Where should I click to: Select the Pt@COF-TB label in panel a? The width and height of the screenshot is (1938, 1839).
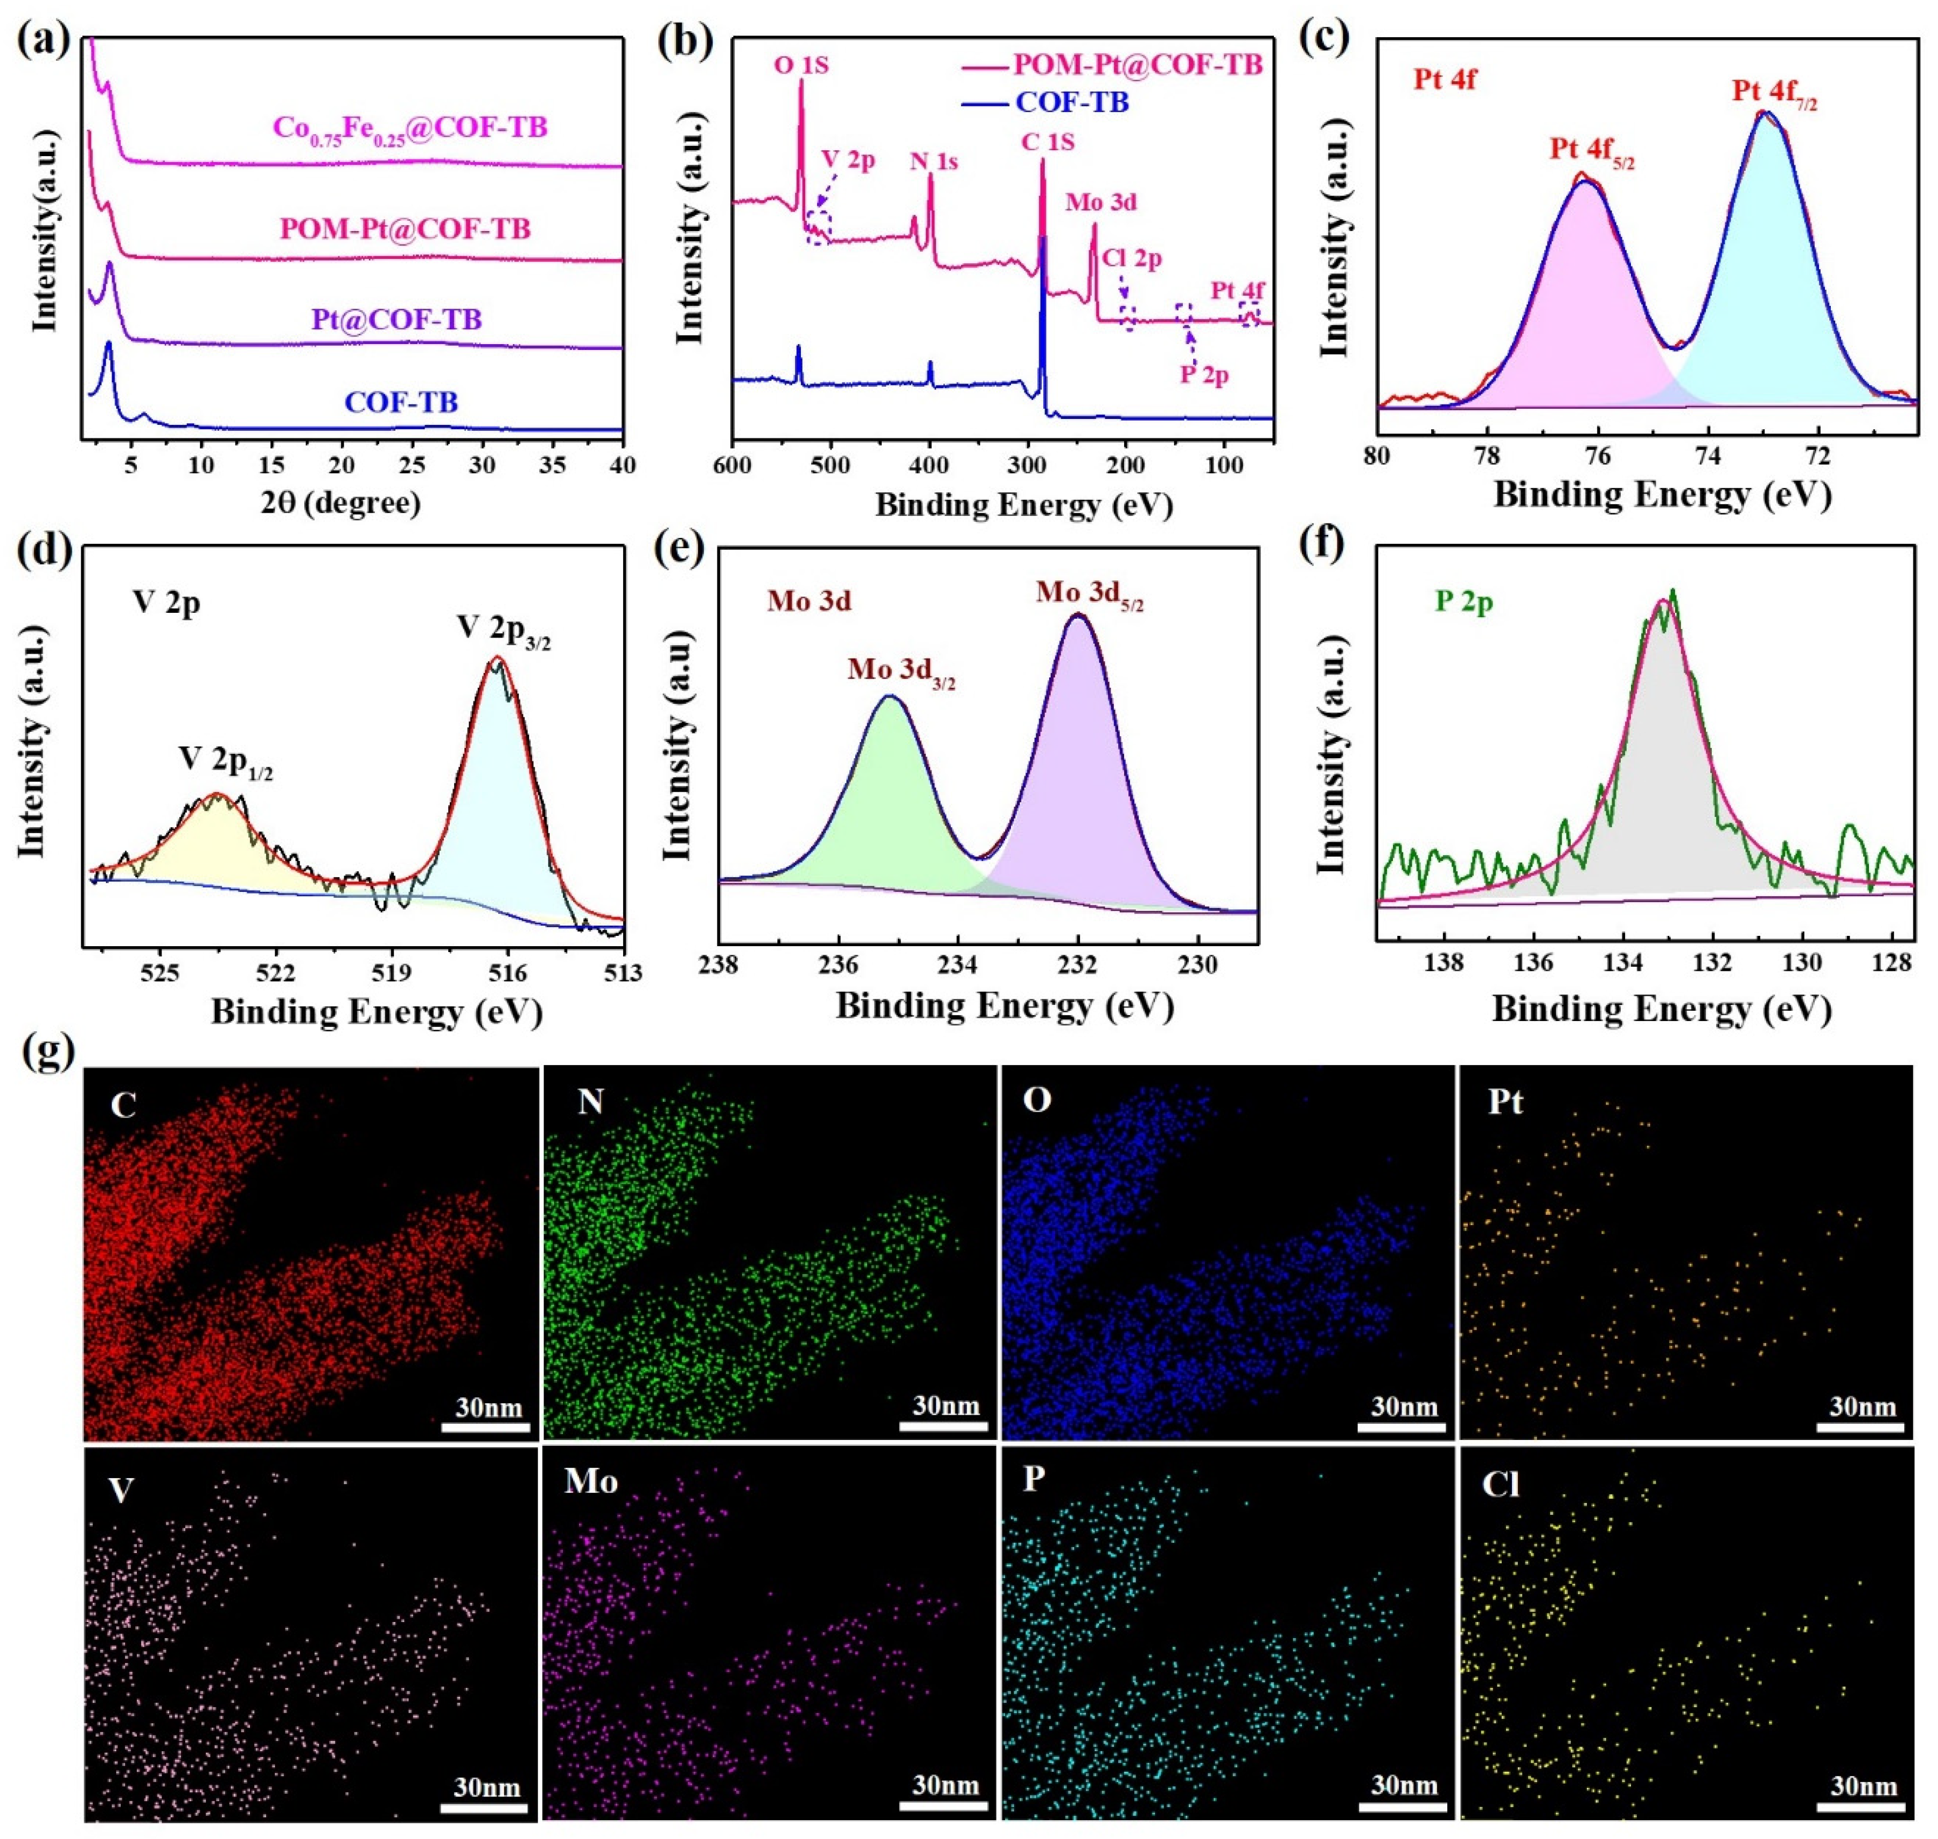coord(397,319)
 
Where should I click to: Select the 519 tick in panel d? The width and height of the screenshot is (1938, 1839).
coord(392,974)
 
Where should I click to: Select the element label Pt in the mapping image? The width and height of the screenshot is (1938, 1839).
coord(1505,1103)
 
